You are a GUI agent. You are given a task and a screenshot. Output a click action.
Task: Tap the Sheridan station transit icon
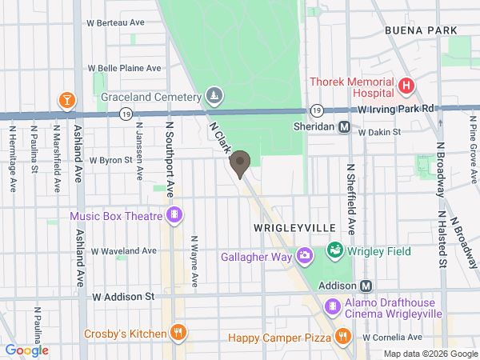(345, 126)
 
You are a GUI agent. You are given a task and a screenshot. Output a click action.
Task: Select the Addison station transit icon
(366, 286)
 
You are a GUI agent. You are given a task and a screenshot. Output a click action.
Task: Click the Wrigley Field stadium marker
(335, 251)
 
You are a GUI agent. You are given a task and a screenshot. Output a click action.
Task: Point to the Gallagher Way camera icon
(304, 256)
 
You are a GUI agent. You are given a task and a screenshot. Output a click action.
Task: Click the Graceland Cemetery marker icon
(214, 97)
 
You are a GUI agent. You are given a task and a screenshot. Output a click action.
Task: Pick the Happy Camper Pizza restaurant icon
(342, 337)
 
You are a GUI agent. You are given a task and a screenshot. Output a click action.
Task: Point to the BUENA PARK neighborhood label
(421, 30)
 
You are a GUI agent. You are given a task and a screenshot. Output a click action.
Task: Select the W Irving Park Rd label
(396, 108)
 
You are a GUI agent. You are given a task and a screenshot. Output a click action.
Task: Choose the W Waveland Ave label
(124, 250)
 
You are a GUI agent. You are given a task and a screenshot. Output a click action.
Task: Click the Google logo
(27, 350)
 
